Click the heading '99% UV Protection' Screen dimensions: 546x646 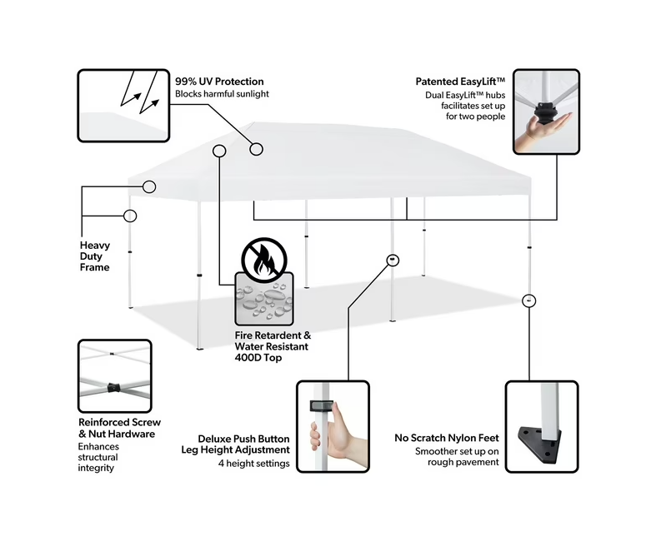click(x=219, y=82)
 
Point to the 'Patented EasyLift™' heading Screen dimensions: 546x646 click(x=461, y=82)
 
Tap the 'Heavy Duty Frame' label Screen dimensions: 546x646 click(x=95, y=256)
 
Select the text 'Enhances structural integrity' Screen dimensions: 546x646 click(x=98, y=457)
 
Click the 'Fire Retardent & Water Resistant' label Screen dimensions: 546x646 click(x=273, y=340)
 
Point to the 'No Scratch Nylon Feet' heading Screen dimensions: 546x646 click(x=446, y=438)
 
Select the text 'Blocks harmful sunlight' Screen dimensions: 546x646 click(x=222, y=94)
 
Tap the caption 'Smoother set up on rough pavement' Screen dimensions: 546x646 click(x=458, y=457)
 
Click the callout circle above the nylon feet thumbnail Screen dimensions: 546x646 click(x=528, y=300)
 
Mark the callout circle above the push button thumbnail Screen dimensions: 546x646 click(x=393, y=260)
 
